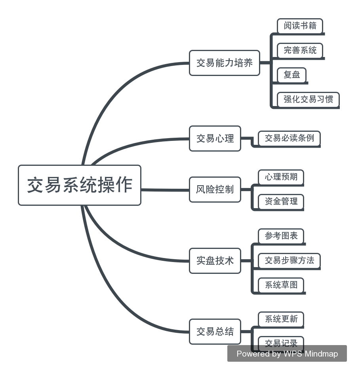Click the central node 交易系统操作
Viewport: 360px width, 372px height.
tap(80, 185)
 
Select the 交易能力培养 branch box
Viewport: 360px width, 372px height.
tap(224, 63)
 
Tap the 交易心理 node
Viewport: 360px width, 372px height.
tap(215, 139)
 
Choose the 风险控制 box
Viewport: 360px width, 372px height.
tap(215, 190)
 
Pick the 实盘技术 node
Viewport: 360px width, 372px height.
tap(215, 261)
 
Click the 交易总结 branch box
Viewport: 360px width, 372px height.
tap(215, 332)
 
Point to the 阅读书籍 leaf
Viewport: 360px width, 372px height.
tap(300, 26)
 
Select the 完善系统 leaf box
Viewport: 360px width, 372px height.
tap(300, 50)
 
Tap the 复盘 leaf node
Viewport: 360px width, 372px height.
tap(291, 75)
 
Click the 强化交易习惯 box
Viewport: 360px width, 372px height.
tap(308, 99)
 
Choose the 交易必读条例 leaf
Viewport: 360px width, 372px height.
tap(289, 139)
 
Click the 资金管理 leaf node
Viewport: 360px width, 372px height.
tap(281, 201)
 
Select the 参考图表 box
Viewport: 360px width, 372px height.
tap(281, 236)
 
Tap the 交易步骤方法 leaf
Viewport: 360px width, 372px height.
tap(289, 261)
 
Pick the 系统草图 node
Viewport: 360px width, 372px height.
tap(281, 285)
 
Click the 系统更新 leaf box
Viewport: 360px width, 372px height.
tap(281, 319)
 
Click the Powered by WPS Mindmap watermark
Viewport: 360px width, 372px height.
tap(287, 354)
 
